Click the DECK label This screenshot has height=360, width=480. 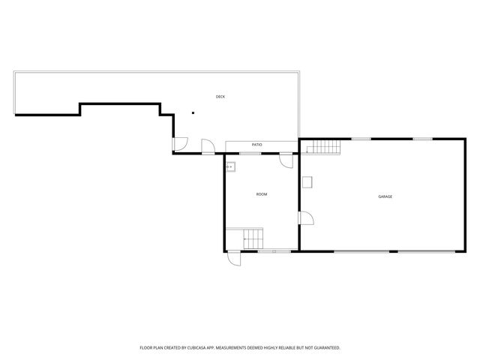click(x=220, y=97)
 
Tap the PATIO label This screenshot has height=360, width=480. click(x=256, y=144)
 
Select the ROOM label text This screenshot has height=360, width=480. click(x=262, y=194)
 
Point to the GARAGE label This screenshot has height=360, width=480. click(x=385, y=196)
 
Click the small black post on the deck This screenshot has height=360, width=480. click(x=193, y=113)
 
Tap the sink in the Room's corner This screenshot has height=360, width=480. click(x=232, y=166)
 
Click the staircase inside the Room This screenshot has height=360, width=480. click(x=252, y=238)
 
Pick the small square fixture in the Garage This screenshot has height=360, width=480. click(x=307, y=181)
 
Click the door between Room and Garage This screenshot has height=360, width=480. click(x=306, y=218)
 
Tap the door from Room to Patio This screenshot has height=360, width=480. click(x=286, y=160)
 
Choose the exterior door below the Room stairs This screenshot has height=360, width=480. click(x=235, y=257)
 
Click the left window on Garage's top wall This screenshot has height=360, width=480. click(x=361, y=139)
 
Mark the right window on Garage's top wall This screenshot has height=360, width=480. click(x=422, y=139)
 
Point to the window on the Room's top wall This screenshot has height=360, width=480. click(x=250, y=153)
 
